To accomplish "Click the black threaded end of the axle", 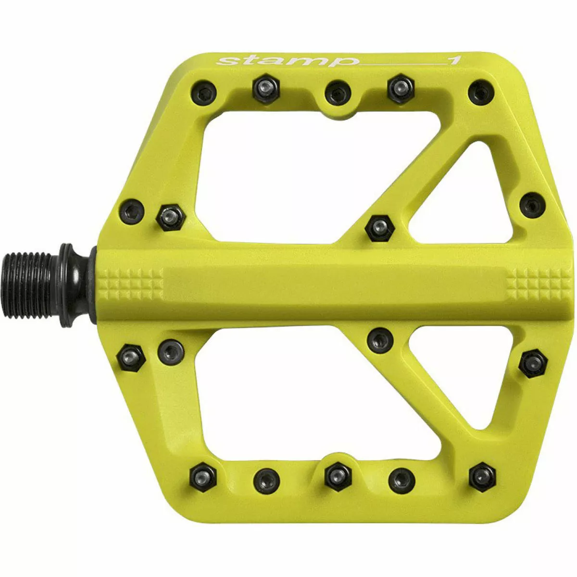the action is (29, 285).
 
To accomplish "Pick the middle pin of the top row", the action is (338, 92).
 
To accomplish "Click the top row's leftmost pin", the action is (203, 92).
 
